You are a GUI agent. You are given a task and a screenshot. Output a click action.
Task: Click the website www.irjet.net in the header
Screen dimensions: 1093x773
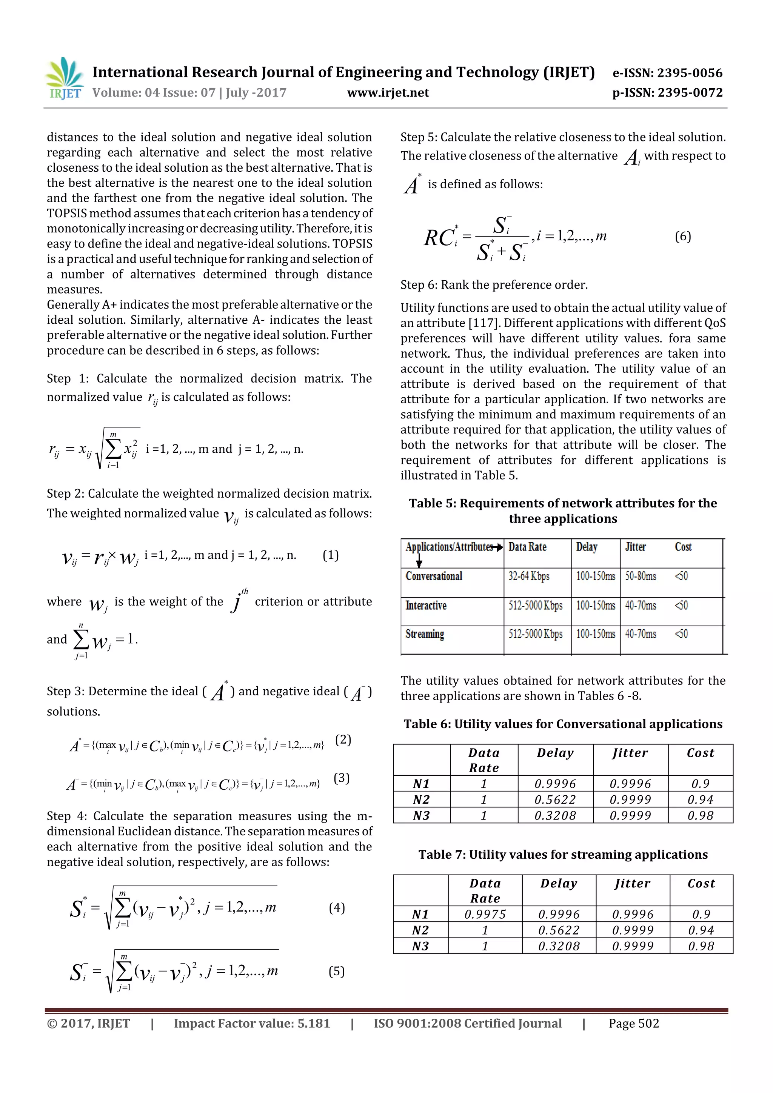[388, 93]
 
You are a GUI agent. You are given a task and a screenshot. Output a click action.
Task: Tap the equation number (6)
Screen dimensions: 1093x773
[682, 237]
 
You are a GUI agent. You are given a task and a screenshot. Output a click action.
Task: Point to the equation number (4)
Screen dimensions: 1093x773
[337, 907]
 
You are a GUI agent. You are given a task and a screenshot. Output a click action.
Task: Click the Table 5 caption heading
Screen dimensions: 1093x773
[562, 510]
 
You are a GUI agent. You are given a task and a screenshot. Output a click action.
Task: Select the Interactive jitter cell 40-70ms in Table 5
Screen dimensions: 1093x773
[640, 606]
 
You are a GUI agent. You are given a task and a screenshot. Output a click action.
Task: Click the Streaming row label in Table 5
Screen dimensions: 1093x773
[425, 634]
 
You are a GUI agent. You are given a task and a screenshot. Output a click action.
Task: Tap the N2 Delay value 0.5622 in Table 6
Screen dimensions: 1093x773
[555, 800]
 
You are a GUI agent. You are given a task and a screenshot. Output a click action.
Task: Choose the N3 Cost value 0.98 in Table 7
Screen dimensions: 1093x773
[701, 946]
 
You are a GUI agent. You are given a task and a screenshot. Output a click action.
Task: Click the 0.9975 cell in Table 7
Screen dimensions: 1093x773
[485, 914]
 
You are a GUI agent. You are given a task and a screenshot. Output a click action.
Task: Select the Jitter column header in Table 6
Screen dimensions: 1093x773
[630, 753]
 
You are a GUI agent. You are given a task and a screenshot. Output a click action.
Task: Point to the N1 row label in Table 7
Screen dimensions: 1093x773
[420, 914]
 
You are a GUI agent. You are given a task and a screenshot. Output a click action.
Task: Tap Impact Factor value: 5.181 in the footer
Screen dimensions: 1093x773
[251, 1024]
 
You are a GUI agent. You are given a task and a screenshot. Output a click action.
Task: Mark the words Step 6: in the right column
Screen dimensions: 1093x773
[419, 285]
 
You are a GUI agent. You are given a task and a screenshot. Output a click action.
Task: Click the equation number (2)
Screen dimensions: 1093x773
[343, 740]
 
